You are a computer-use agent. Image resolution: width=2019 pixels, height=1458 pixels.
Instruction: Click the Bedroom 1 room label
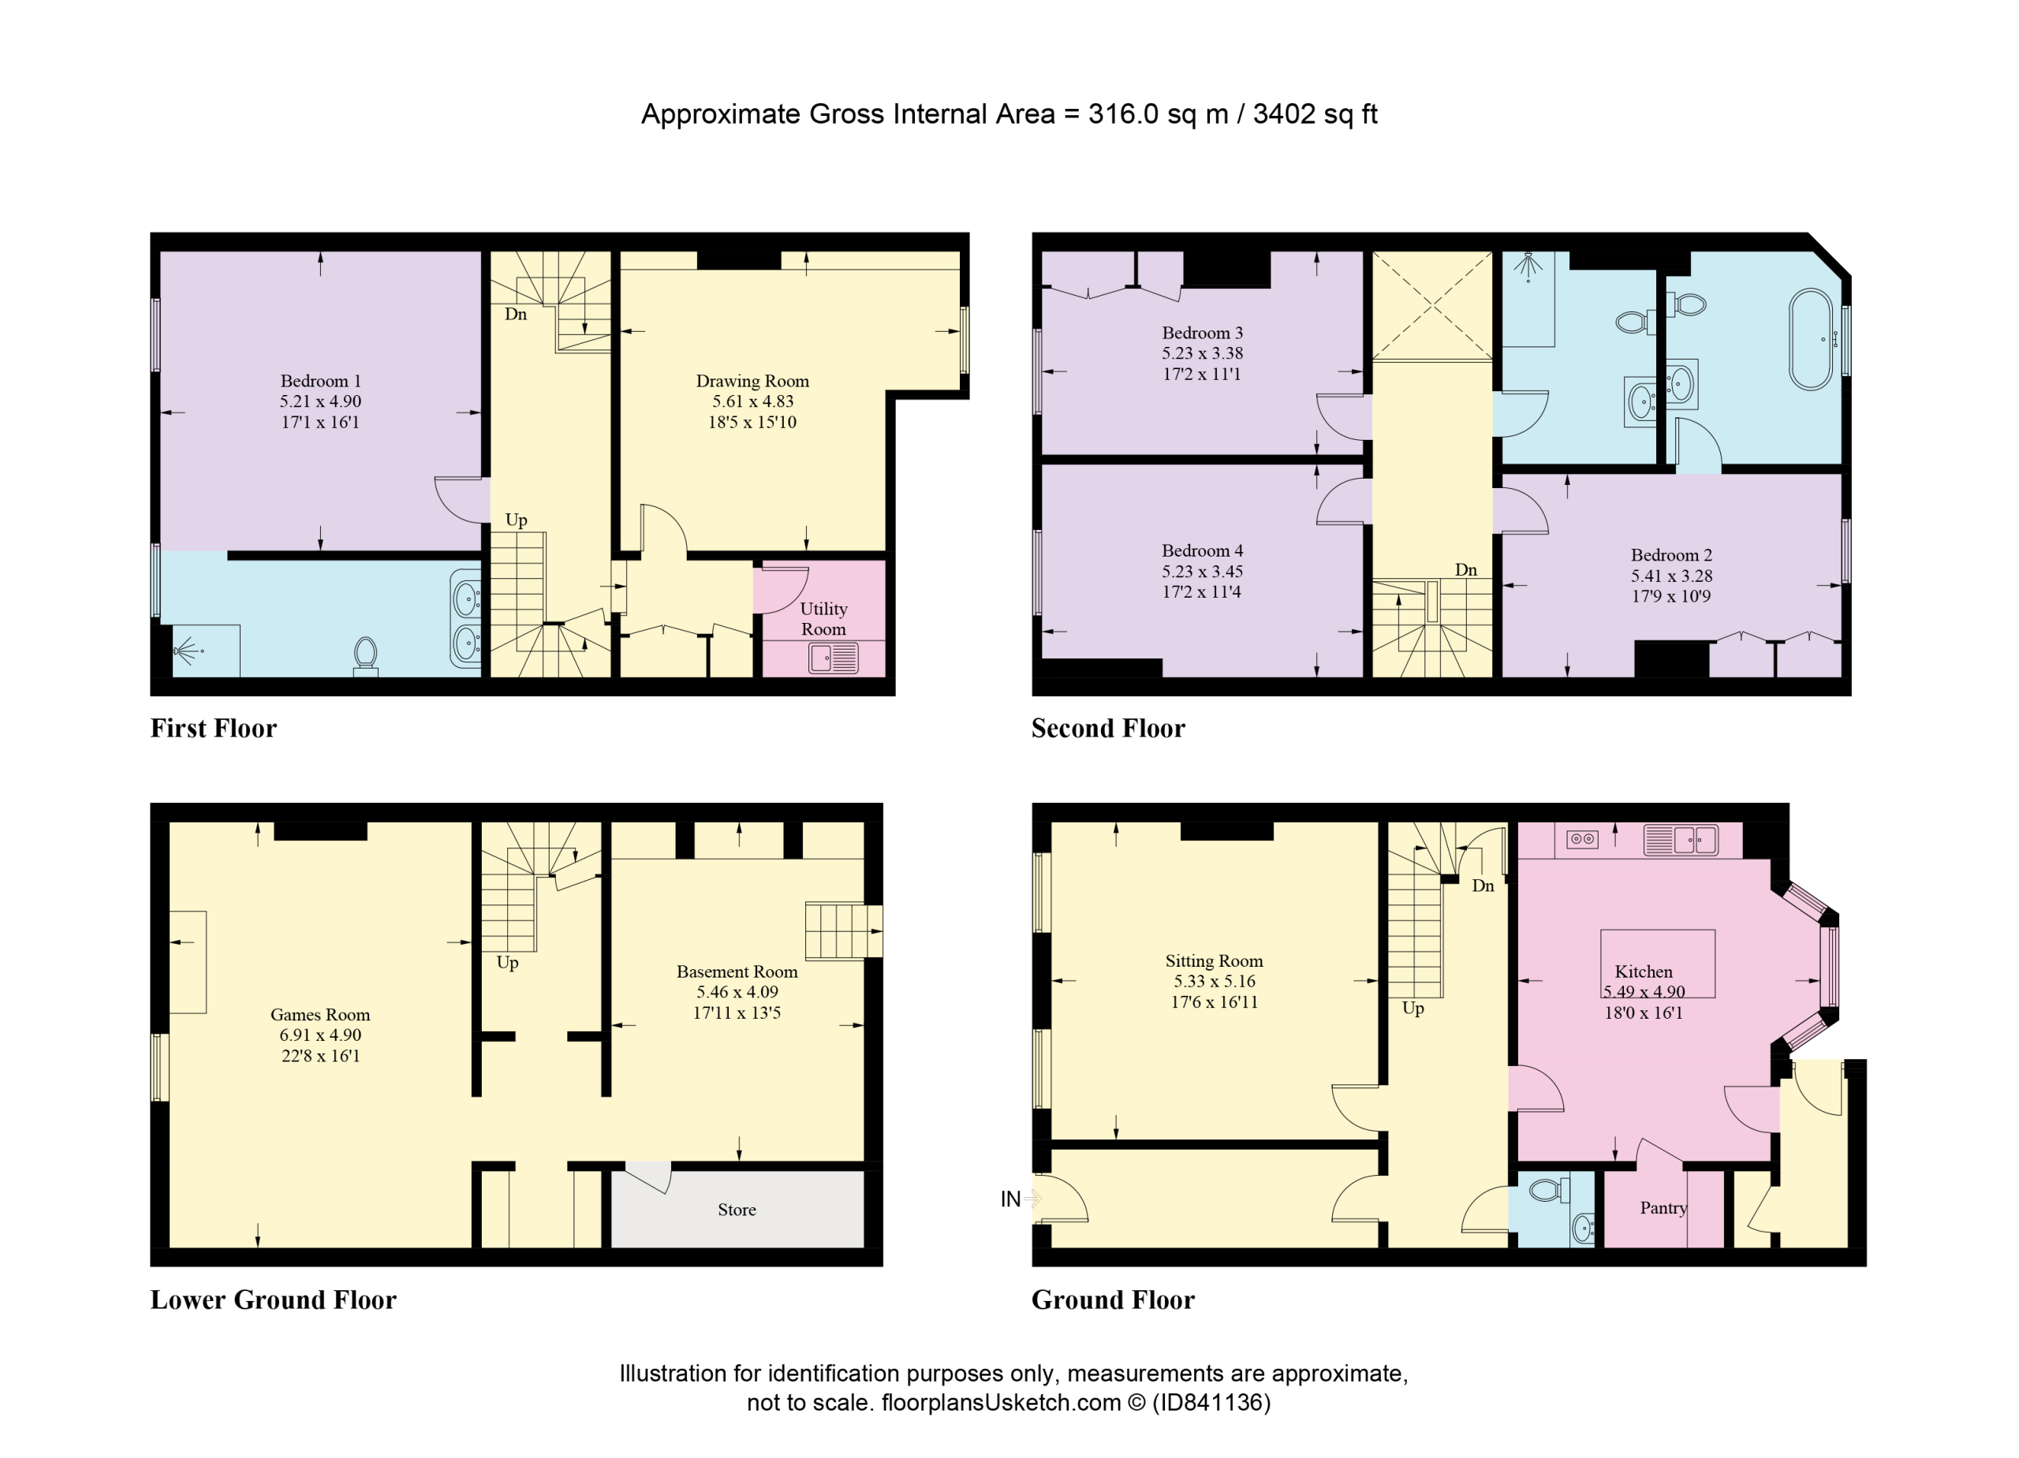pyautogui.click(x=320, y=381)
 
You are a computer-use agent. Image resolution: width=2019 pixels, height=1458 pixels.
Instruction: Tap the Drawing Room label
pyautogui.click(x=752, y=381)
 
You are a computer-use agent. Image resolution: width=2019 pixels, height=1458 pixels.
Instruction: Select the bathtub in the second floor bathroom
pyautogui.click(x=1812, y=339)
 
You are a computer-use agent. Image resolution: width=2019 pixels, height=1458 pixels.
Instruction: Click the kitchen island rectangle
pyautogui.click(x=1658, y=964)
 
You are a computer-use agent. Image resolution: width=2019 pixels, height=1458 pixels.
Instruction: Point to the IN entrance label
pyautogui.click(x=1010, y=1199)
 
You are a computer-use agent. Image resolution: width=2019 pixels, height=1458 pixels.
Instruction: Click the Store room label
pyautogui.click(x=737, y=1210)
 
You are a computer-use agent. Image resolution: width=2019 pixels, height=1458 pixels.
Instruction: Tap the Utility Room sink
pyautogui.click(x=834, y=658)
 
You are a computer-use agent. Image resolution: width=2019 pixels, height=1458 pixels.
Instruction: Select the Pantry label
pyautogui.click(x=1663, y=1208)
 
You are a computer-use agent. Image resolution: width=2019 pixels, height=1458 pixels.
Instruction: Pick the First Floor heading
pyautogui.click(x=214, y=728)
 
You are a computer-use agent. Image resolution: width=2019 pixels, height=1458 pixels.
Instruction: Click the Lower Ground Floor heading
pyautogui.click(x=274, y=1300)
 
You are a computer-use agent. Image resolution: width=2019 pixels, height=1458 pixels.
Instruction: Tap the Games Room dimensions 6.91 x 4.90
pyautogui.click(x=320, y=1035)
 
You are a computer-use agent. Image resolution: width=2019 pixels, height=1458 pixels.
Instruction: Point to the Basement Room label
pyautogui.click(x=737, y=972)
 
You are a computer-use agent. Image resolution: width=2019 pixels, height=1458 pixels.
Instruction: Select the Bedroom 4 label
pyautogui.click(x=1202, y=551)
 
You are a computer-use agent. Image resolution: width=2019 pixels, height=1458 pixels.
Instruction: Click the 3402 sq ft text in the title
pyautogui.click(x=1315, y=114)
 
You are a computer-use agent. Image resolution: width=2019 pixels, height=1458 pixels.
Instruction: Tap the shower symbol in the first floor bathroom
pyautogui.click(x=188, y=651)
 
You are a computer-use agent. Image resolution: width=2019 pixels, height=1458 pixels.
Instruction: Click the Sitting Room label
pyautogui.click(x=1215, y=960)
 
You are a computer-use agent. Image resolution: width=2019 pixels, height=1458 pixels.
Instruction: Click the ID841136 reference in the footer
pyautogui.click(x=1211, y=1402)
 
